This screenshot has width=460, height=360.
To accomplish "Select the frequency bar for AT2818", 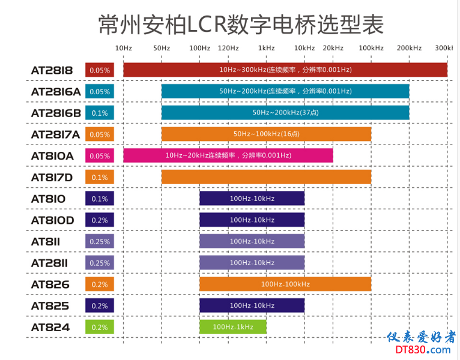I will coord(285,70).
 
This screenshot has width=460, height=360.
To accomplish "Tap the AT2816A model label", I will coord(55,92).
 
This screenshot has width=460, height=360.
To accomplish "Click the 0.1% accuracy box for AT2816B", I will coord(100,113).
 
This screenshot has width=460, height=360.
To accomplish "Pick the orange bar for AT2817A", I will coord(266,134).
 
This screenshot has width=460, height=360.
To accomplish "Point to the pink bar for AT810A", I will coord(228,155).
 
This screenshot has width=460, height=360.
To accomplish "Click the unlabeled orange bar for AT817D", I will coord(266,177).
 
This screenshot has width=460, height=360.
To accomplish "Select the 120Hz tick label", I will coord(228,47).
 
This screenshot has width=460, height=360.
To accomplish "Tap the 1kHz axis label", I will coord(266,47).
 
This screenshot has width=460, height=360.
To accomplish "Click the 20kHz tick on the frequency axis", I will coord(333,47).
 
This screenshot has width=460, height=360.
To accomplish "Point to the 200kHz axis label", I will coord(410,47).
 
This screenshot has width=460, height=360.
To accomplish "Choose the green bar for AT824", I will coord(233,327).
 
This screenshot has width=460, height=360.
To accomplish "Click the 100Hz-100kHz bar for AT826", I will coord(285,284).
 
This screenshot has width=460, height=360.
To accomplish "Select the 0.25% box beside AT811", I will coord(100,241).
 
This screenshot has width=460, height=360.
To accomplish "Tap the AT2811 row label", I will coord(50,263).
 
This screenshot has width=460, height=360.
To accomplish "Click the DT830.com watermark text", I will coord(423,350).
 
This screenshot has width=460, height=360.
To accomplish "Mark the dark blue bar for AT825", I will coord(252,305).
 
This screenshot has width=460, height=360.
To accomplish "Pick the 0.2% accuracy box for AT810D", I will coord(100,220).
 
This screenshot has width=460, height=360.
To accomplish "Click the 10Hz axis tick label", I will coord(123,47).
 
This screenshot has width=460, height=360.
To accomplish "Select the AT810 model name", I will coord(48,199).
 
